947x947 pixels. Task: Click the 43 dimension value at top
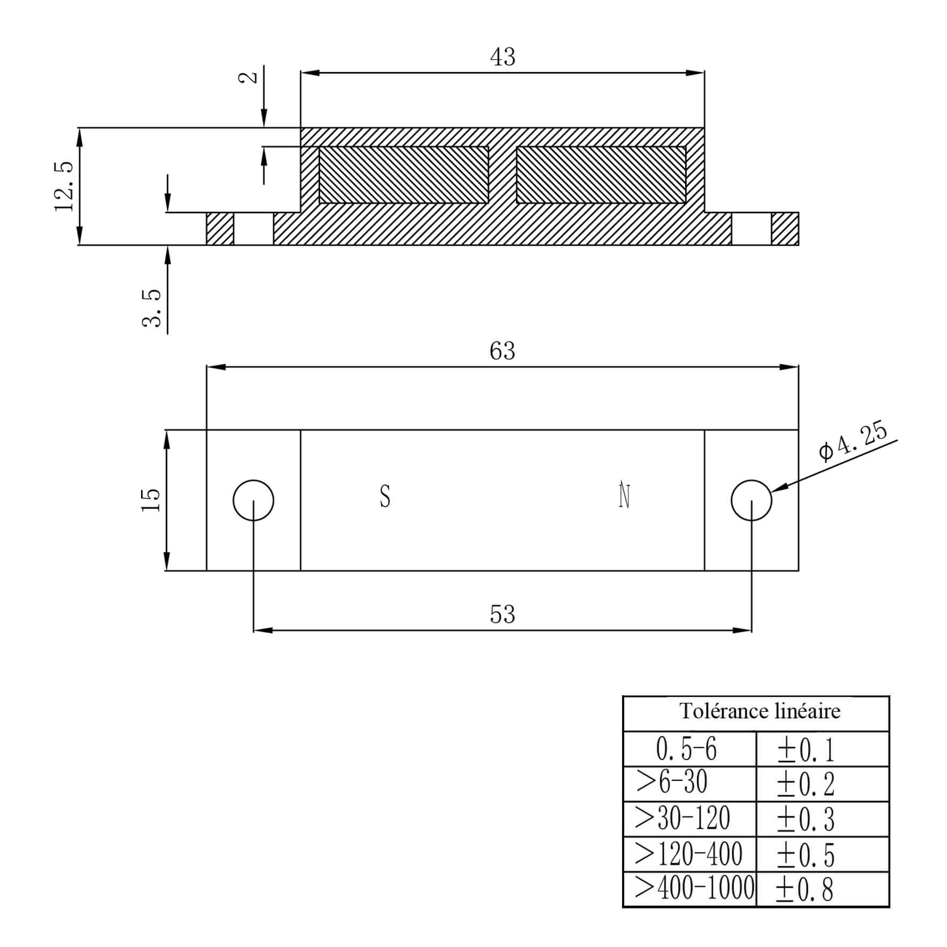(x=502, y=57)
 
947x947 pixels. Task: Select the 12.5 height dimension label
(x=64, y=187)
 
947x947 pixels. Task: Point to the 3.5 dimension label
(x=152, y=308)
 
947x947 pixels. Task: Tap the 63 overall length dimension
(x=502, y=351)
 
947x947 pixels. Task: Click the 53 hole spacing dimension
(x=502, y=615)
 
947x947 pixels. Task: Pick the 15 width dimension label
(x=151, y=500)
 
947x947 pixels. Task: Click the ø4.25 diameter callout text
(x=853, y=441)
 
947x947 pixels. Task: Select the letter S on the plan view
(x=385, y=496)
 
